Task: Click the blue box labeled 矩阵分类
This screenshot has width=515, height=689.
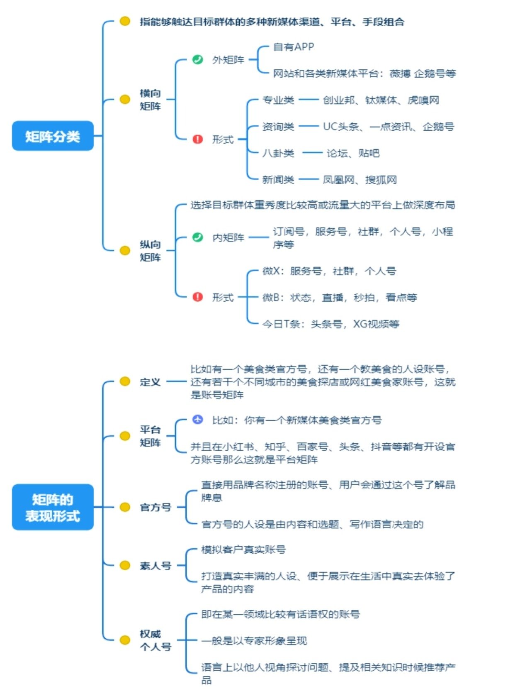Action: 53,136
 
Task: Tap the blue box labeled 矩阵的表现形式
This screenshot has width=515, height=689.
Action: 53,507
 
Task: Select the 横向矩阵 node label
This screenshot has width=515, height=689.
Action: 150,100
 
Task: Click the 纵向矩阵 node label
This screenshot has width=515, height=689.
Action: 150,251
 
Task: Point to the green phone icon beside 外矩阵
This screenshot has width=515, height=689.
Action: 198,59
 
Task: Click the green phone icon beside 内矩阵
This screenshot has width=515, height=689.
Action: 198,237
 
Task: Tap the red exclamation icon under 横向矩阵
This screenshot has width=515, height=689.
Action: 198,139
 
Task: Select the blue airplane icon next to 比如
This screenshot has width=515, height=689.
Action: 198,420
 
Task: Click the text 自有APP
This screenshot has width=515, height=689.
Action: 294,47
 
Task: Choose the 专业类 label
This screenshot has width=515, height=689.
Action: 278,100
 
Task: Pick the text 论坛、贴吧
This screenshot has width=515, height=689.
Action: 353,153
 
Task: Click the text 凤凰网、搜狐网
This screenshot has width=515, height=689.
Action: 360,180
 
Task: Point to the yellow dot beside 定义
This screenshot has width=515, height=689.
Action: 125,381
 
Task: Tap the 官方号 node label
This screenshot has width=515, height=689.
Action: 155,507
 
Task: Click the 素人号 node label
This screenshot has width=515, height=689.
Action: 155,566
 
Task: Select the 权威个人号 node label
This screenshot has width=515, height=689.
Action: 155,640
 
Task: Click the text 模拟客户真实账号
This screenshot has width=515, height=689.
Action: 243,550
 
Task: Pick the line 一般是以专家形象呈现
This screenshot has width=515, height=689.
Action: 254,640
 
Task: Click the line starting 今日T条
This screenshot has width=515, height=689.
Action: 330,324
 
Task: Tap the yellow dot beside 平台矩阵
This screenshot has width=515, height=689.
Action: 125,436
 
